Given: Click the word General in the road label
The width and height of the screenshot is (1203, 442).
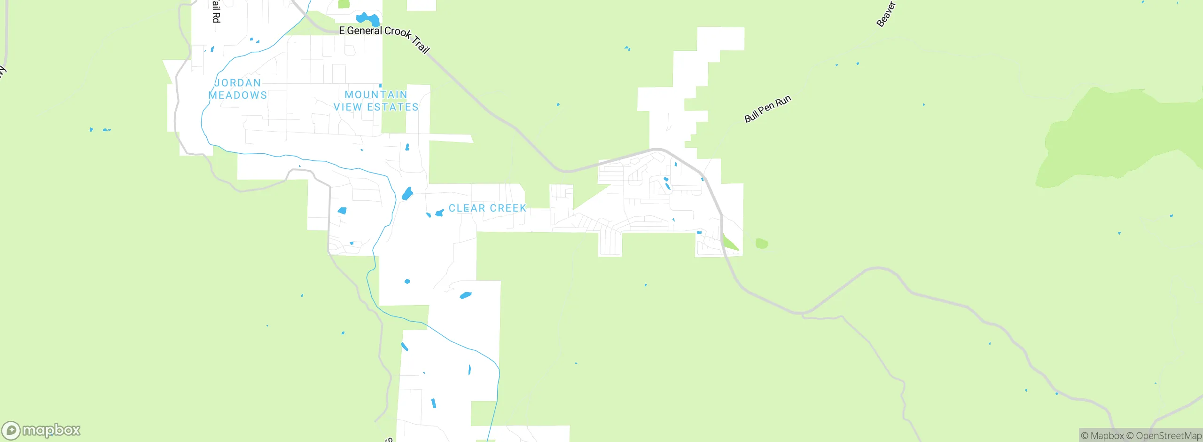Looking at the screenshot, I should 364,31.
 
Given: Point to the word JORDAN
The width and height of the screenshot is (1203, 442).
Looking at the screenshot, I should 238,83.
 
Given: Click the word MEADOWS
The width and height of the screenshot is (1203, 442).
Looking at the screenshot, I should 238,95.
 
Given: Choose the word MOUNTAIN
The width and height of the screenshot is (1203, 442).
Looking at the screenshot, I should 376,95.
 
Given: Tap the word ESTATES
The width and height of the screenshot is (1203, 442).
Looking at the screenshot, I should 392,107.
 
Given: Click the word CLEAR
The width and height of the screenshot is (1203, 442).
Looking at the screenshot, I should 467,208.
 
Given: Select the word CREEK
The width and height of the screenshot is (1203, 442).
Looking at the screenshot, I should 508,208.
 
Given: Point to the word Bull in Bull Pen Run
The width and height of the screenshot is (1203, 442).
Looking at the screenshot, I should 751,116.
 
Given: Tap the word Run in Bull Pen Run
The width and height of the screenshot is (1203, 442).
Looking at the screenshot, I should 783,101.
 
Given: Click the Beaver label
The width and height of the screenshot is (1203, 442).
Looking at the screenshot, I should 886,14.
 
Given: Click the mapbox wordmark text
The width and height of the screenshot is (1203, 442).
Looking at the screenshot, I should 51,430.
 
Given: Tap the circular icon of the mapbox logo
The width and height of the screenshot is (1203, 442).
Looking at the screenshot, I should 11,430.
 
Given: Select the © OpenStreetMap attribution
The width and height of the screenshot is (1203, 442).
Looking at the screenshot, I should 1164,436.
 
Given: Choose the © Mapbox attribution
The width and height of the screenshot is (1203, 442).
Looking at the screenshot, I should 1102,436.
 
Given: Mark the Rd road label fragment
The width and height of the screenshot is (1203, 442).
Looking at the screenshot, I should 216,17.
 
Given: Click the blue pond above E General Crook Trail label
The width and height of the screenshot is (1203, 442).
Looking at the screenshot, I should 368,19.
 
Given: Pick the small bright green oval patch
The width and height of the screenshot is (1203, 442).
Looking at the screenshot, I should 762,244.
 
